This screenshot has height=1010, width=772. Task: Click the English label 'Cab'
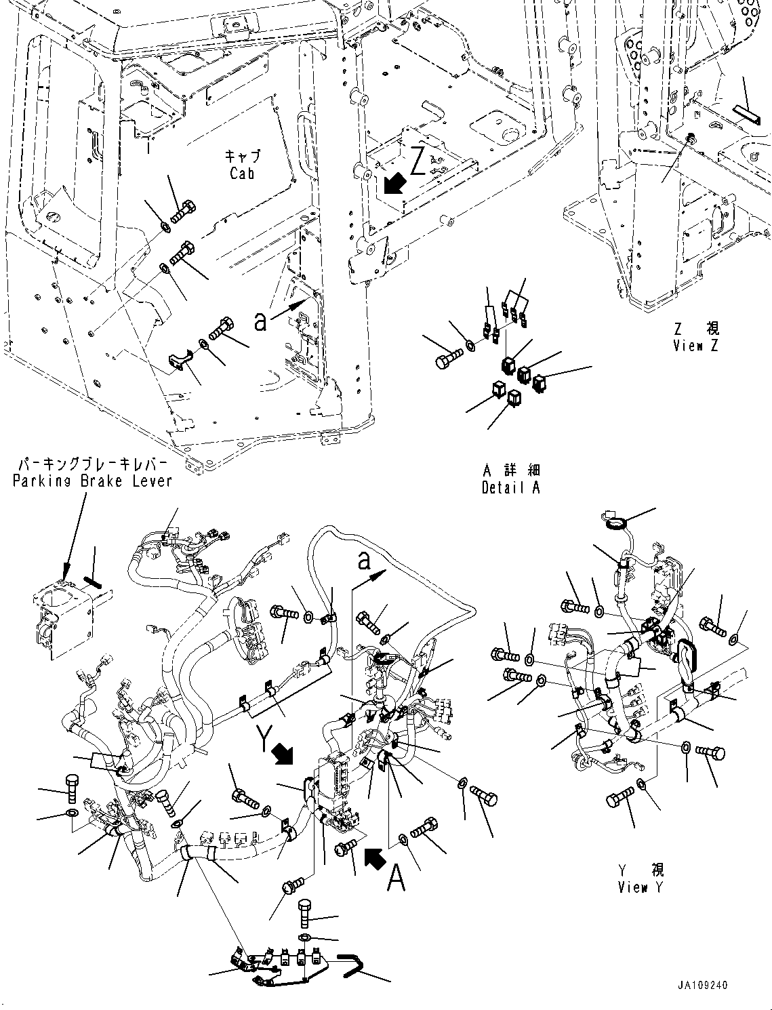click(241, 174)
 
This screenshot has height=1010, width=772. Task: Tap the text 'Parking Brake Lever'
click(93, 481)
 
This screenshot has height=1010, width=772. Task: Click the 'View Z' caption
click(695, 346)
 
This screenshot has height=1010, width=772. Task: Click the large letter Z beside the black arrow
click(419, 162)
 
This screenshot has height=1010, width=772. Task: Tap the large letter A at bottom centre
click(396, 881)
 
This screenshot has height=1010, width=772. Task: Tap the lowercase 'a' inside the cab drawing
click(260, 323)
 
